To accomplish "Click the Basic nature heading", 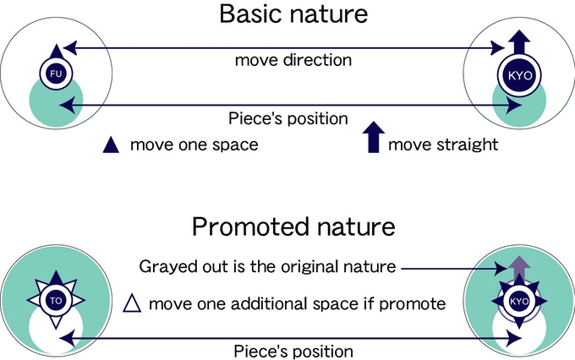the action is pos(293,14).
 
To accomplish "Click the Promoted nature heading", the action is pos(293,226).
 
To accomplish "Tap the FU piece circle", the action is pos(56,74).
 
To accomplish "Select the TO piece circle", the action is pos(56,301).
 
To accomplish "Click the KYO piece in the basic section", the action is pos(520,75).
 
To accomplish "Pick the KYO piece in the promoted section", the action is pos(519,302).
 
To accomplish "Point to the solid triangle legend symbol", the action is pos(111,145).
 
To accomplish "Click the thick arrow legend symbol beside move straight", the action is pos(373,137).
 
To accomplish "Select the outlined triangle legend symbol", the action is pos(132,303).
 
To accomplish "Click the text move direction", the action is pos(293,60).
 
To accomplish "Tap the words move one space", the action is pos(194,145).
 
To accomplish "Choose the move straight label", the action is pos(443,145).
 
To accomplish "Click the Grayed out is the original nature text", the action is pos(268,266).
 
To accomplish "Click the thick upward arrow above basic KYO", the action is pos(520,41).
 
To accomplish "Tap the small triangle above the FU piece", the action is pos(56,52).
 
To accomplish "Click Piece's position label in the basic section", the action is pos(288,119).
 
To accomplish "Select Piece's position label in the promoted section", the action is pos(293,352).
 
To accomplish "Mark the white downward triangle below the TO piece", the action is pos(56,322).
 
